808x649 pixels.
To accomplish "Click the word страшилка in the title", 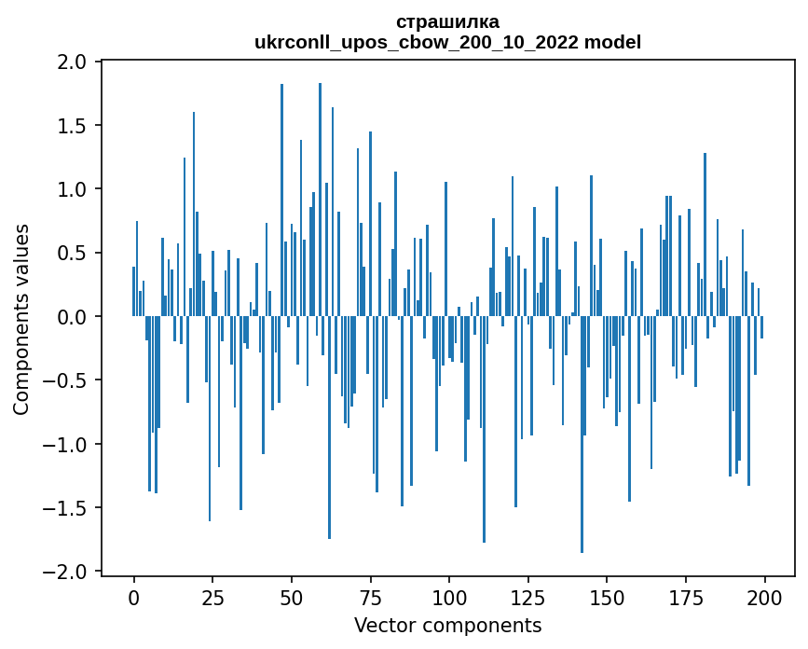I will tap(447, 21).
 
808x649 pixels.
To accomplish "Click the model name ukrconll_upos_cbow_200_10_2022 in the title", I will tap(426, 42).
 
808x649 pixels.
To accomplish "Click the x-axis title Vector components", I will tap(447, 625).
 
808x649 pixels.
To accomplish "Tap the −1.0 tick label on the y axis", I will tap(67, 445).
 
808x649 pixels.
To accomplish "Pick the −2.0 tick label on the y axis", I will tap(67, 572).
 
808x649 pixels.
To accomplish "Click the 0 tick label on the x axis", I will tap(134, 596).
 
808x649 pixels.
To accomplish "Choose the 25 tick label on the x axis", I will tap(212, 596).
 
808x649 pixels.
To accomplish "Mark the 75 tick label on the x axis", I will tap(370, 596).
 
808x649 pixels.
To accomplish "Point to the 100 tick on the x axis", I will tap(449, 596).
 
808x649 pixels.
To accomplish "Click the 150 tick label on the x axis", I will tap(607, 596).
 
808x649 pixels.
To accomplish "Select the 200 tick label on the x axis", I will tap(764, 596).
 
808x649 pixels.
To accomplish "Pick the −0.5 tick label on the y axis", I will tap(67, 380).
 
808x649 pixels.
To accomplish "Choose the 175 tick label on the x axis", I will tap(685, 596).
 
